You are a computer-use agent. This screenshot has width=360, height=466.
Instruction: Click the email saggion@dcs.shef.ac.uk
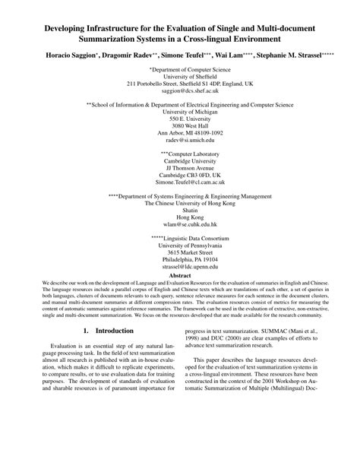(179, 89)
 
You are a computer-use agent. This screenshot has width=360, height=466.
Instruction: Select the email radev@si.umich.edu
(179, 140)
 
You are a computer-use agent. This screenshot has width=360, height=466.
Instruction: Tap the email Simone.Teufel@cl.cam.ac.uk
(179, 182)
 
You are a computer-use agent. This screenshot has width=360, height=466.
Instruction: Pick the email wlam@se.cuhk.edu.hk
(179, 225)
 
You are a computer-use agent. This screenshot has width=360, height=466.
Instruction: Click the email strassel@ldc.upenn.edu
(179, 268)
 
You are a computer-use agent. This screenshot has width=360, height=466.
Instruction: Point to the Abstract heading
(179, 277)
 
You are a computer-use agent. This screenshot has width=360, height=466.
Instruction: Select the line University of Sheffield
(179, 75)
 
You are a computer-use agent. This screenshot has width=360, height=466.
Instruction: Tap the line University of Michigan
(179, 111)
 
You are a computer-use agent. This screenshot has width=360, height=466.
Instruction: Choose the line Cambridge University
(179, 161)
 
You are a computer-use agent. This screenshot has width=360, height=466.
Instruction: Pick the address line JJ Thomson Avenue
(179, 168)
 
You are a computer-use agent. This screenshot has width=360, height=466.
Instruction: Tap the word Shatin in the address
(179, 211)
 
